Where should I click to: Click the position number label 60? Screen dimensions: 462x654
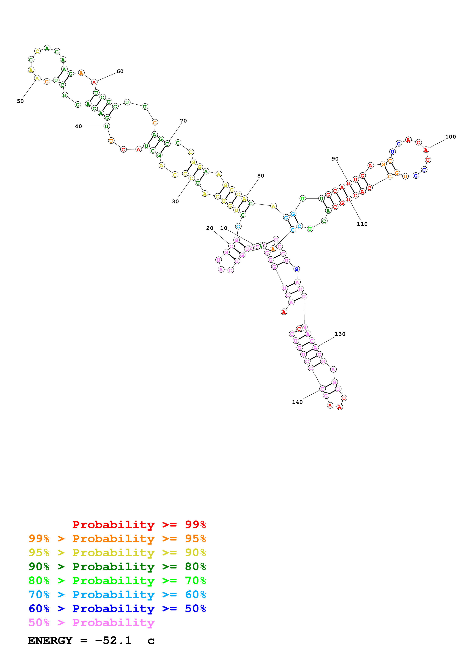tap(120, 71)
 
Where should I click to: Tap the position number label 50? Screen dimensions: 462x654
tap(20, 101)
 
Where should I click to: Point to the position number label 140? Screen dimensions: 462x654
tap(297, 402)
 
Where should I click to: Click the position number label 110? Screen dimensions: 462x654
tap(362, 224)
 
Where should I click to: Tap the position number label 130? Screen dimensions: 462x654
tap(340, 334)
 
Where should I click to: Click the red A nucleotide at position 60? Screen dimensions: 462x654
tap(94, 83)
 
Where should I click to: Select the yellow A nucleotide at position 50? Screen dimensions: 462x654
tap(37, 78)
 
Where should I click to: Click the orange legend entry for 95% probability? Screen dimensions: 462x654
tap(117, 539)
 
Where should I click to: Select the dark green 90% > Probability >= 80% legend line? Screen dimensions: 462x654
tap(117, 567)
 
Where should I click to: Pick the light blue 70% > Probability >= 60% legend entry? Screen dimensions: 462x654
tap(117, 595)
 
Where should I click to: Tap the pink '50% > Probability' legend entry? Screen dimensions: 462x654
tap(91, 622)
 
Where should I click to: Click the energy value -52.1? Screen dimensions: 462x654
tap(113, 640)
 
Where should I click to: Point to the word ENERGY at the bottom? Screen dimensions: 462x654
tap(50, 640)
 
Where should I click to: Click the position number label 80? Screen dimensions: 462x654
tap(261, 176)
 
